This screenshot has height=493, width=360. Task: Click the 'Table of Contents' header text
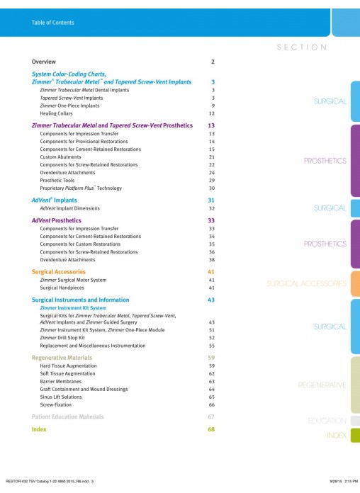(x=53, y=23)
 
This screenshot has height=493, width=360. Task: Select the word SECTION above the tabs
(x=302, y=47)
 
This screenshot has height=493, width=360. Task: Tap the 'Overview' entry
(x=44, y=62)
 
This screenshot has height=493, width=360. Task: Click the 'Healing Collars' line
(x=56, y=113)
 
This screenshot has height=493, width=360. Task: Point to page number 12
(x=212, y=113)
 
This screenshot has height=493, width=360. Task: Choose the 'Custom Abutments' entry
(x=60, y=157)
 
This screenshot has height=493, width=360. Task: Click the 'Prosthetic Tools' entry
(x=57, y=181)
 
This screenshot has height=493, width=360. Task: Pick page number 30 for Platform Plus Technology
(x=212, y=188)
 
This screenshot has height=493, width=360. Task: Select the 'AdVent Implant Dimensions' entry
(x=69, y=208)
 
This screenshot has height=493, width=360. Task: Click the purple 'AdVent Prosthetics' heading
(x=56, y=220)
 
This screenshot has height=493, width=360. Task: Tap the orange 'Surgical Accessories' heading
(x=59, y=272)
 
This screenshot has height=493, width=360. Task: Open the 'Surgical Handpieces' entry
(x=62, y=288)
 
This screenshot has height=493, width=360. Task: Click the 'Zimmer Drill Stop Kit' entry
(x=62, y=338)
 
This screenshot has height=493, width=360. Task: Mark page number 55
(x=212, y=346)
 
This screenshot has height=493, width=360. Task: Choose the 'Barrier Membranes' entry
(x=61, y=381)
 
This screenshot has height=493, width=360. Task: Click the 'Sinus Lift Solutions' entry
(x=61, y=397)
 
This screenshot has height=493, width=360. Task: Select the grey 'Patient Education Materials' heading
(x=67, y=416)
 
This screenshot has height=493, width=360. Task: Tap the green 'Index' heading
(x=39, y=429)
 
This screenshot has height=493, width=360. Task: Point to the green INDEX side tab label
(x=337, y=436)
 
